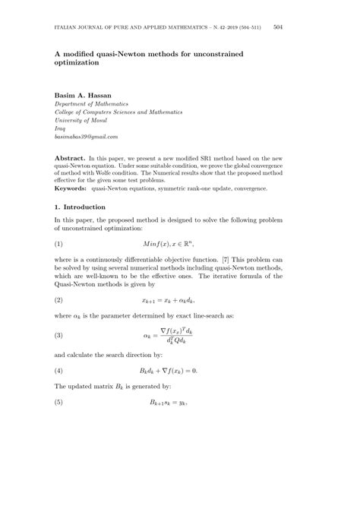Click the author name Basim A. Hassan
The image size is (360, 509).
coord(84,94)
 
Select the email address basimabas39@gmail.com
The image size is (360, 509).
coord(86,137)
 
